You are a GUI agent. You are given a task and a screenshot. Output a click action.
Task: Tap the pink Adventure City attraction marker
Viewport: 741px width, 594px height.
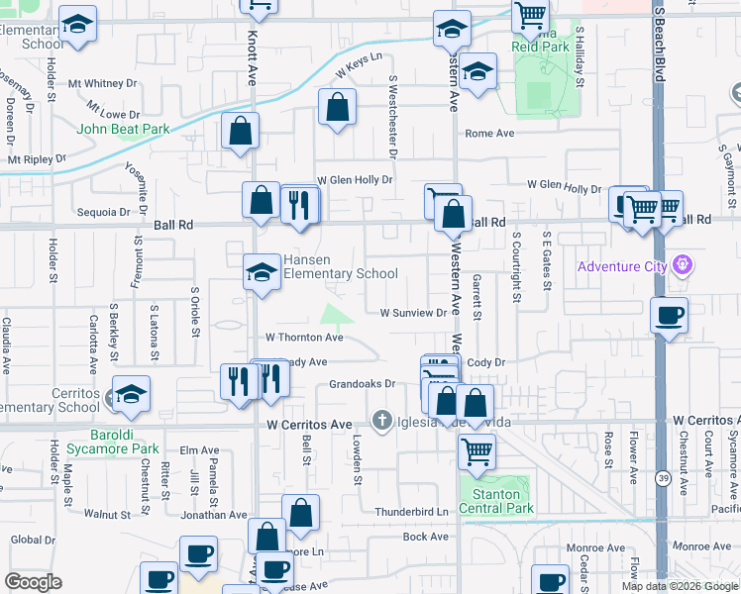tap(682, 265)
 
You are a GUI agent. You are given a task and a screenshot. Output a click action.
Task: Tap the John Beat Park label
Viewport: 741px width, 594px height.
tap(124, 129)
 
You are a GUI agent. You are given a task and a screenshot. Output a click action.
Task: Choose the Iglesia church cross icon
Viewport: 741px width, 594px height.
tap(381, 422)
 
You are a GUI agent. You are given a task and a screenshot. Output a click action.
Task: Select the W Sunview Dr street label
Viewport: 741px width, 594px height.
tap(415, 313)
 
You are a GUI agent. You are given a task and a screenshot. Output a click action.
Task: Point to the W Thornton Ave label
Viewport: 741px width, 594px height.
tap(303, 338)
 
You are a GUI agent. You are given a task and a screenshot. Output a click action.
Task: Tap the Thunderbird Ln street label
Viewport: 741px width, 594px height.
tap(411, 512)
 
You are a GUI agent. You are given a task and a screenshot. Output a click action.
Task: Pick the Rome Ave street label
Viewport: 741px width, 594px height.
tap(490, 134)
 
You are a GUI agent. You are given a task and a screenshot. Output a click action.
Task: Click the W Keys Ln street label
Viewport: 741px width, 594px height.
tap(358, 66)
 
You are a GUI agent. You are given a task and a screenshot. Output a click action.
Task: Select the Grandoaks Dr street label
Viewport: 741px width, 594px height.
tap(362, 383)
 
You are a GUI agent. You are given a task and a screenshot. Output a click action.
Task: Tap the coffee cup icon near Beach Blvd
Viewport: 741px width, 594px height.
tap(670, 316)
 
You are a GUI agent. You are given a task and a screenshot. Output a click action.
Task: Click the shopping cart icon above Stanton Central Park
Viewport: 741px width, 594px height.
tap(476, 451)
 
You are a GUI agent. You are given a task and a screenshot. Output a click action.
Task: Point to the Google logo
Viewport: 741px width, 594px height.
tap(33, 582)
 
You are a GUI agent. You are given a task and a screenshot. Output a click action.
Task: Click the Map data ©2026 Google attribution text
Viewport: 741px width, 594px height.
tap(679, 586)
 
